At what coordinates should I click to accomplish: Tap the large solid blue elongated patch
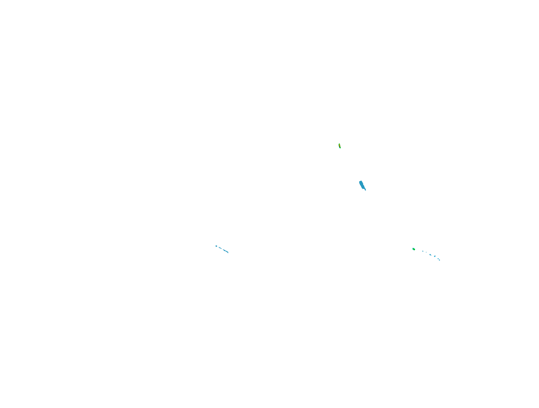[362, 185]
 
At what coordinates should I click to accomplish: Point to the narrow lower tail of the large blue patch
[365, 189]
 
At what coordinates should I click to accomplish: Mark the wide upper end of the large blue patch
[361, 182]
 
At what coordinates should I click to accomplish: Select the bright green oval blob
[414, 249]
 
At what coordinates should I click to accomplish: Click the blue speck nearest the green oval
[423, 251]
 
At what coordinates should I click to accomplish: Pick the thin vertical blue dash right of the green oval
[426, 252]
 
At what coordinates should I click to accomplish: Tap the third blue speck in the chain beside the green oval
[430, 255]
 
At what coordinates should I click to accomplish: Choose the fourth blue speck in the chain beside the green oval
[435, 256]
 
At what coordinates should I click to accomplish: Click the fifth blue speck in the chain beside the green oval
[438, 259]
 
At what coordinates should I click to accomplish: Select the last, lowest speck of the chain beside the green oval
[439, 260]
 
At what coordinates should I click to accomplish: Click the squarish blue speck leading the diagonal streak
[216, 246]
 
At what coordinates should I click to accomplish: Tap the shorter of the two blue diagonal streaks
[220, 248]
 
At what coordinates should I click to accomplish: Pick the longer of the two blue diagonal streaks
[226, 251]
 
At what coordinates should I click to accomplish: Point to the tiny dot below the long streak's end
[228, 253]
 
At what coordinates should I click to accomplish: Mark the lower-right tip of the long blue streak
[228, 253]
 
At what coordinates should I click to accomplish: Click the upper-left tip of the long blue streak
[223, 250]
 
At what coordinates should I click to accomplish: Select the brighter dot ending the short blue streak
[221, 249]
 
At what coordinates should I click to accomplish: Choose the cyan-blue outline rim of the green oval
[412, 249]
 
